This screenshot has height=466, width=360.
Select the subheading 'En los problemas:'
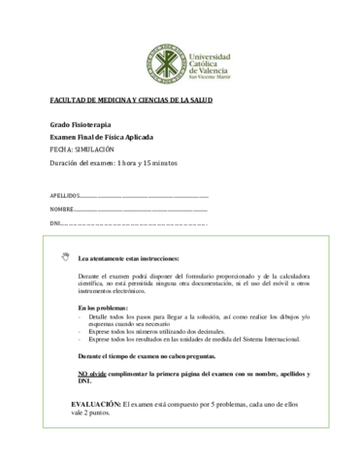pyautogui.click(x=101, y=308)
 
